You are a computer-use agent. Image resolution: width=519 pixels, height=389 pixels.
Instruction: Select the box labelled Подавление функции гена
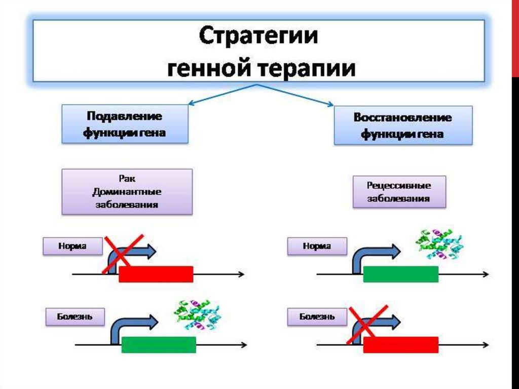pos(125,124)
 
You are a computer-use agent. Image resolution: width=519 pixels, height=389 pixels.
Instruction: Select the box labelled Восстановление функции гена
pos(403,126)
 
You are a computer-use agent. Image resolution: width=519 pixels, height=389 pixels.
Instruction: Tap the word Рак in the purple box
pos(127,180)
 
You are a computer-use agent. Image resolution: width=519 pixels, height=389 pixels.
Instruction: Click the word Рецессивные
pos(399,186)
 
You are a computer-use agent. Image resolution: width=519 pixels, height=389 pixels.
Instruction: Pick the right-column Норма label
pos(317,247)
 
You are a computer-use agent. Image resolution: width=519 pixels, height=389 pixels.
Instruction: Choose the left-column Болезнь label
pos(75,317)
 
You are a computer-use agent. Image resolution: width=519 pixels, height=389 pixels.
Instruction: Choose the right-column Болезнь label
pos(317,317)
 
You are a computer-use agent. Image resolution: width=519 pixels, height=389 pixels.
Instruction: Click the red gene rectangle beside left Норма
pos(156,274)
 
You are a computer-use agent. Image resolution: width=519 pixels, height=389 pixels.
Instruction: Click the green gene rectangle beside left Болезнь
pos(159,344)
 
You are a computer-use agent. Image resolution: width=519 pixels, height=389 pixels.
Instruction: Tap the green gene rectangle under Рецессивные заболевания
pos(400,274)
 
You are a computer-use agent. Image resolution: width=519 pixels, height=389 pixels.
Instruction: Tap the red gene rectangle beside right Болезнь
pos(400,344)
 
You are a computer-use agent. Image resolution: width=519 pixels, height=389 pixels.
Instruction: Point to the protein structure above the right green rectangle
pos(439,244)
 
